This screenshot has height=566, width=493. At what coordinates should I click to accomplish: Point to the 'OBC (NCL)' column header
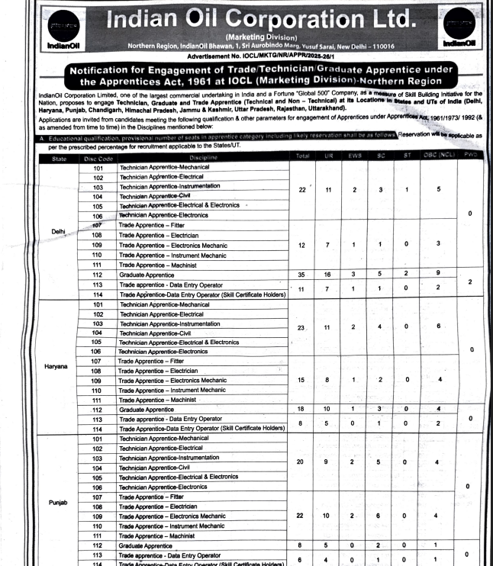[x=437, y=156]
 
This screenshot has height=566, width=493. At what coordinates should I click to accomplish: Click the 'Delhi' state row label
[x=58, y=230]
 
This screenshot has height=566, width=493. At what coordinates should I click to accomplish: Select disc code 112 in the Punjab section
[x=98, y=545]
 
